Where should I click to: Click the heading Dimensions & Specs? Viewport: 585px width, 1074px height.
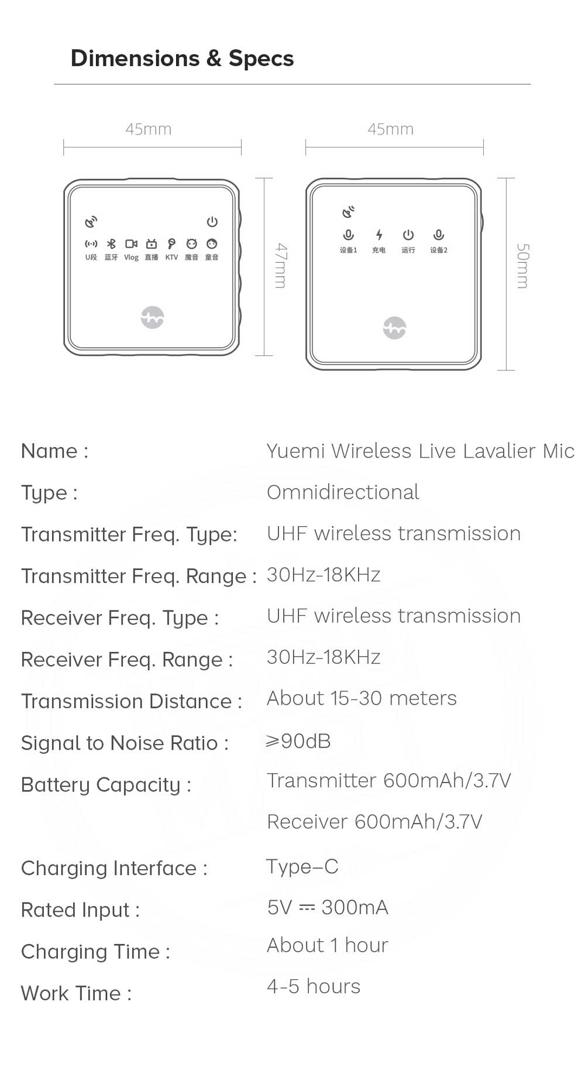[x=182, y=59]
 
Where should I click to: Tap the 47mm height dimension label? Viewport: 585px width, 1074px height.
[x=281, y=266]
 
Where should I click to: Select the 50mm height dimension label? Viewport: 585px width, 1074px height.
[x=522, y=266]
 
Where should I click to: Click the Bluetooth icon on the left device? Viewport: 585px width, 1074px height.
[x=111, y=243]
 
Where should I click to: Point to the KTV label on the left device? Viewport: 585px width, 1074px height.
[x=171, y=258]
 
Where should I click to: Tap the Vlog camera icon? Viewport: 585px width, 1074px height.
[x=132, y=243]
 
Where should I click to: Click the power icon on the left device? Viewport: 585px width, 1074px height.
[x=212, y=222]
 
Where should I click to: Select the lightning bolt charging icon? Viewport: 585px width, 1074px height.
[x=379, y=235]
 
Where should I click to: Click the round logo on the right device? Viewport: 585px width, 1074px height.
[x=394, y=328]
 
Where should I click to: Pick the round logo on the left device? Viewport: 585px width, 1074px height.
[x=153, y=317]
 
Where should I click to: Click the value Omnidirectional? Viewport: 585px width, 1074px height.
[x=343, y=492]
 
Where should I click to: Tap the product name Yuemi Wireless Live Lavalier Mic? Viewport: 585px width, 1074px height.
[x=421, y=451]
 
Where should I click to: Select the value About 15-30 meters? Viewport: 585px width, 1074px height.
[x=362, y=698]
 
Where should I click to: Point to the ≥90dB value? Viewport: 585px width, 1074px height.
[x=298, y=741]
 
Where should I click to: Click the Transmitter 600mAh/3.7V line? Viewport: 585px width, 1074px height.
[x=389, y=781]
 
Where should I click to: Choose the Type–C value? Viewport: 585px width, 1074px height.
[x=302, y=867]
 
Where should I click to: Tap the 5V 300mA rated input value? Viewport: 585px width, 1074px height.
[x=328, y=907]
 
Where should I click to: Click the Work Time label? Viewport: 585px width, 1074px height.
[x=76, y=993]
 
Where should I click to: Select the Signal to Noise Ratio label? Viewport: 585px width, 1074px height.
[x=125, y=743]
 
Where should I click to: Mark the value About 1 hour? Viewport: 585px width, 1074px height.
[x=328, y=945]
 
